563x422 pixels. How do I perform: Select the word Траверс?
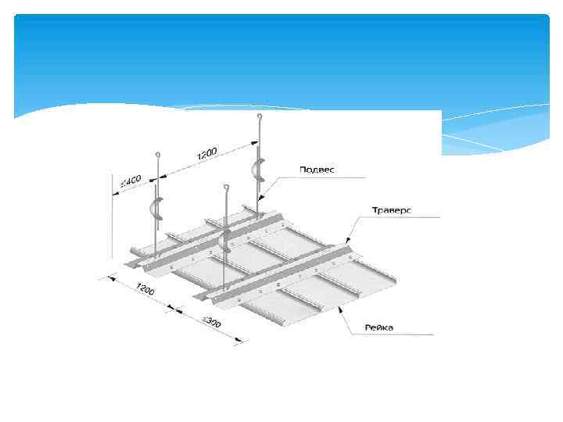coord(391,210)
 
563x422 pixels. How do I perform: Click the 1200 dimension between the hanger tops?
coord(207,153)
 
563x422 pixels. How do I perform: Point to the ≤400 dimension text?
coord(130,184)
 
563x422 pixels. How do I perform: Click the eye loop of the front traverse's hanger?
coord(225,188)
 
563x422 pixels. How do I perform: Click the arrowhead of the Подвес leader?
coord(263,196)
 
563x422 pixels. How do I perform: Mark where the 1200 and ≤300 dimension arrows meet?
coord(179,311)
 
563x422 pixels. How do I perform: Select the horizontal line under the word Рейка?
coord(399,334)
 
